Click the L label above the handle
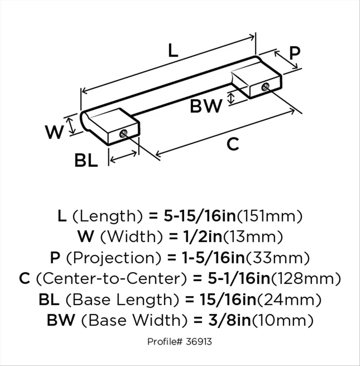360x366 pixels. click(x=173, y=51)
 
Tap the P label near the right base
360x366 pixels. click(x=294, y=54)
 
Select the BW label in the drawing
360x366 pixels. click(x=206, y=107)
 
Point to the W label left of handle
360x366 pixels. click(x=54, y=133)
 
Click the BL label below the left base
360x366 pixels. click(x=86, y=161)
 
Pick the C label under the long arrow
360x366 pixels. click(x=233, y=145)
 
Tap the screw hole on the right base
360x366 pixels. click(x=265, y=86)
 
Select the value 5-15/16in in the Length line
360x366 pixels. click(x=200, y=216)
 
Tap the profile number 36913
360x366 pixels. click(x=199, y=342)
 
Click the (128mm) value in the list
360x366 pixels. click(x=305, y=278)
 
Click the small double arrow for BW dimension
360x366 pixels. click(x=232, y=98)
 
